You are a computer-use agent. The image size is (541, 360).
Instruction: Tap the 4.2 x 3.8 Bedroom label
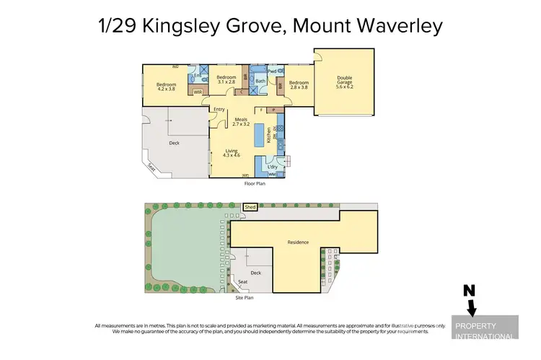click(167, 87)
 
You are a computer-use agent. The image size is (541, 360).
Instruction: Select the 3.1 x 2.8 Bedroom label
click(226, 80)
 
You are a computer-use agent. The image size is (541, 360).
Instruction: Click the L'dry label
click(273, 167)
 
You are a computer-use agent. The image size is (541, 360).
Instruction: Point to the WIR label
click(197, 92)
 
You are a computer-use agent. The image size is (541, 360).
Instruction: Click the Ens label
click(198, 75)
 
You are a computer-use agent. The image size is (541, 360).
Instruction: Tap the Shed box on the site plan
click(250, 207)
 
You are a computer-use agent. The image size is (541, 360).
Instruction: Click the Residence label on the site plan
click(298, 242)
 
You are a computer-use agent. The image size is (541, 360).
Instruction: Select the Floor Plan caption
click(255, 184)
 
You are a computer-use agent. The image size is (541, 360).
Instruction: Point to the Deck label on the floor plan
click(174, 143)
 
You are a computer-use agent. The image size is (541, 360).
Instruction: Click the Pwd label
click(273, 72)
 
